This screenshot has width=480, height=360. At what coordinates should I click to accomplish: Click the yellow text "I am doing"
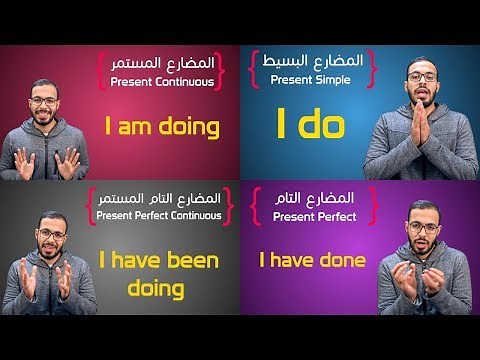(162, 128)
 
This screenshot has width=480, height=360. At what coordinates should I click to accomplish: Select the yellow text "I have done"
(312, 261)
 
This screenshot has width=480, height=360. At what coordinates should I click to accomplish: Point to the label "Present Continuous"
(162, 82)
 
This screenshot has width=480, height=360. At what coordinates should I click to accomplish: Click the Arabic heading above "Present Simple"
(311, 60)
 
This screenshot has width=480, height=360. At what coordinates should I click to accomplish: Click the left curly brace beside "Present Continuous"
(102, 72)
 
